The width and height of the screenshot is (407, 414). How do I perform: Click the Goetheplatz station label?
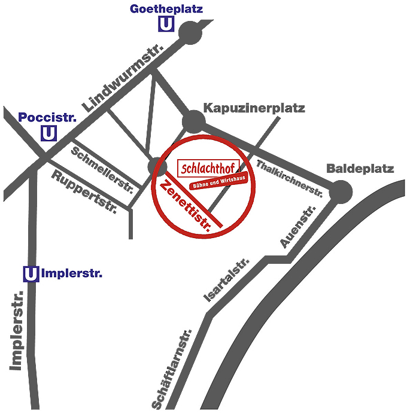tap(166, 9)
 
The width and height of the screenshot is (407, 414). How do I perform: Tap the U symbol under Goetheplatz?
tap(166, 25)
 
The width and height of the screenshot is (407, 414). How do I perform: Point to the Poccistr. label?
tap(48, 117)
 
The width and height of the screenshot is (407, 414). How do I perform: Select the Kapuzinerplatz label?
tap(254, 108)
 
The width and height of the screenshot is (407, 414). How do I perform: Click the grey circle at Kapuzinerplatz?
tap(193, 121)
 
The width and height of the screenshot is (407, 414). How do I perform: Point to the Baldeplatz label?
tap(360, 169)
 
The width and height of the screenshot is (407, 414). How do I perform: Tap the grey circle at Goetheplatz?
tap(191, 33)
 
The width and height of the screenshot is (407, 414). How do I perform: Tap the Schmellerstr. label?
tap(102, 169)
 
